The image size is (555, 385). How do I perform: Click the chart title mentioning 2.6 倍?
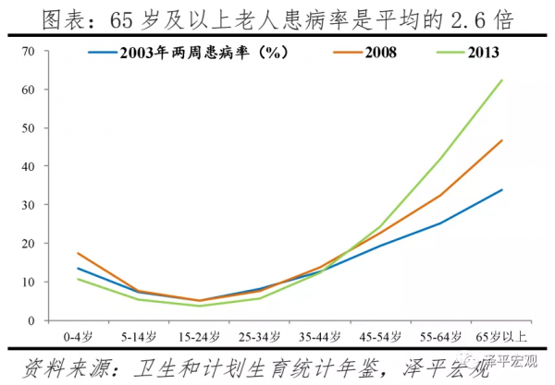click(x=277, y=18)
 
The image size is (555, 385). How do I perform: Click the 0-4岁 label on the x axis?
click(x=77, y=336)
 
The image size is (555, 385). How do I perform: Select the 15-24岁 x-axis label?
click(x=197, y=336)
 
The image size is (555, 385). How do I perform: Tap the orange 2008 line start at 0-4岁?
click(x=77, y=253)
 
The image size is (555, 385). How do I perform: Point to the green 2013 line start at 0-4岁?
click(x=77, y=279)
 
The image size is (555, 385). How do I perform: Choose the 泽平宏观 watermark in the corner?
click(x=523, y=374)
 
